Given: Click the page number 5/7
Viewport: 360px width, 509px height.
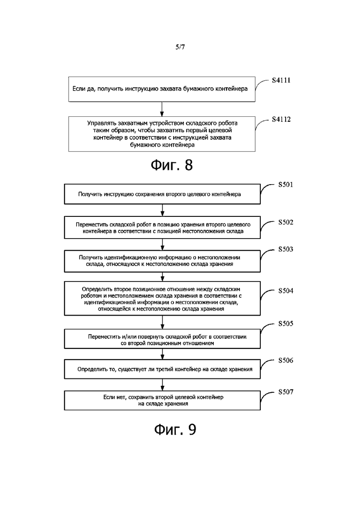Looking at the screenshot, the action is point(180,47).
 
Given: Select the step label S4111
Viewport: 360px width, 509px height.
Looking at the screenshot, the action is point(281,80).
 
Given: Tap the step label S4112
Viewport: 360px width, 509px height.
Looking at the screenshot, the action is point(281,120).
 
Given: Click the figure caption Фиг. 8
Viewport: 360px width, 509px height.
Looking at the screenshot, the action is point(172,165).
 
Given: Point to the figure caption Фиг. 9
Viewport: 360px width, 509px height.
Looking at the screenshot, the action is point(175,430).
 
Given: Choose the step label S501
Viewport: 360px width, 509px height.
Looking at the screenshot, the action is point(286,185).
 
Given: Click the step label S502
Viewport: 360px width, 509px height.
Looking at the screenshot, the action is point(286,222).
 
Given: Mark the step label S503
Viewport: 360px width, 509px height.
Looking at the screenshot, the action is point(286,249).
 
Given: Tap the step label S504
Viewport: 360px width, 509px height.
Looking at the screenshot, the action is point(286,291).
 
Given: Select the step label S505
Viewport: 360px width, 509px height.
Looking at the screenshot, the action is point(286,323).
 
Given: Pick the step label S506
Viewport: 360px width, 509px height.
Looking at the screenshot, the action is point(286,360).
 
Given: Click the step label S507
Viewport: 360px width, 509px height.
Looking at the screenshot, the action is point(286,392).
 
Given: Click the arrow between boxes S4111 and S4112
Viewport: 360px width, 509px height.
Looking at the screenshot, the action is point(162,109).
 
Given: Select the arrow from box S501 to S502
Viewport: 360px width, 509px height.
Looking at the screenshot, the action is point(162,210).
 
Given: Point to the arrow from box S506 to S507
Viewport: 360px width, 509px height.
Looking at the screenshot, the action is point(162,385).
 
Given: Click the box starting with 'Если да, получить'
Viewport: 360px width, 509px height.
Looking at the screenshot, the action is point(162,89).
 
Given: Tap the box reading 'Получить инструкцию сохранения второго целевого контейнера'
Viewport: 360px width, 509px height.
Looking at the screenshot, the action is point(162,194).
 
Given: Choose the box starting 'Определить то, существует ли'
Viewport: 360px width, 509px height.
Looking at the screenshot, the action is point(162,369).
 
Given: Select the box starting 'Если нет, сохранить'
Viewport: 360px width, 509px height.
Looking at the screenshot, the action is point(162,400).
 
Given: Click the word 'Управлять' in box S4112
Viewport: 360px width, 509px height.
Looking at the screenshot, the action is point(100,123).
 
